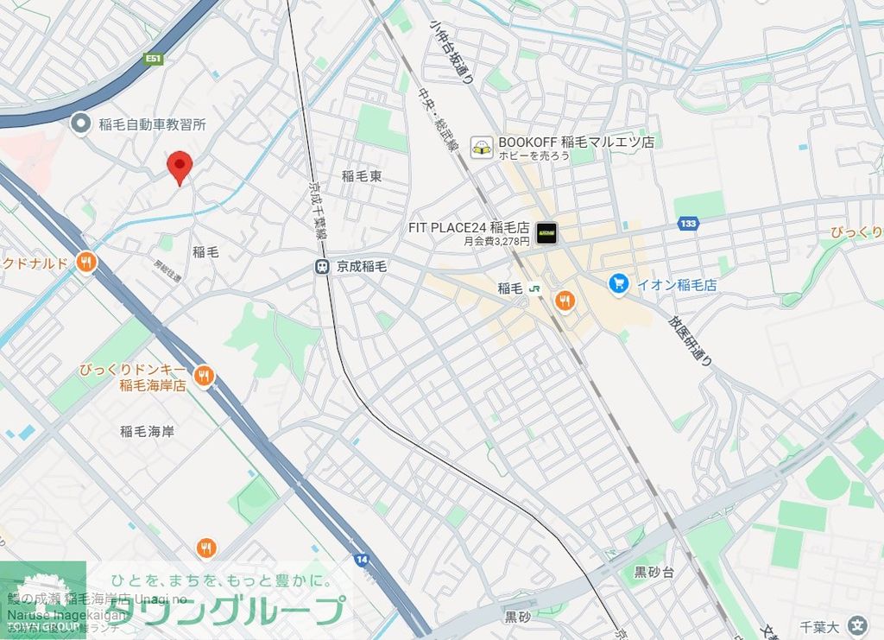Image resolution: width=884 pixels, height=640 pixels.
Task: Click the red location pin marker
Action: pyautogui.click(x=179, y=166)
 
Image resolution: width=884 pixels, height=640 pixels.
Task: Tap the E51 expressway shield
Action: pyautogui.click(x=154, y=59)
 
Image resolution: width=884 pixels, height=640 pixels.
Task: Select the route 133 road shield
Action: pyautogui.click(x=688, y=224)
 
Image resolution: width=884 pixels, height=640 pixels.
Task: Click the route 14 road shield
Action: pyautogui.click(x=361, y=560)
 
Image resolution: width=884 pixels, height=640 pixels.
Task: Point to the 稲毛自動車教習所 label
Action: pyautogui.click(x=152, y=124)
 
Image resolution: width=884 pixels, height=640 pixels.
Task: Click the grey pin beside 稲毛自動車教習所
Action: pyautogui.click(x=80, y=124)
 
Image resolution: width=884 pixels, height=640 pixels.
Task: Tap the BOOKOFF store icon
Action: pyautogui.click(x=481, y=148)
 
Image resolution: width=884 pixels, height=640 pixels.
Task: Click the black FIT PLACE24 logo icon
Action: pyautogui.click(x=546, y=232)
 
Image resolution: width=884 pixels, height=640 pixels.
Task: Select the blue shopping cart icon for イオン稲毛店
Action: pyautogui.click(x=617, y=283)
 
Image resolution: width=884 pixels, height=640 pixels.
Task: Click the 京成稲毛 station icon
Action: pyautogui.click(x=322, y=267)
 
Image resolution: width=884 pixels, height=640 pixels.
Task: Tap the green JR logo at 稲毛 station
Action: pyautogui.click(x=534, y=289)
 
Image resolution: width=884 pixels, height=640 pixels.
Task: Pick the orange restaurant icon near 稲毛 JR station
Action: pyautogui.click(x=565, y=301)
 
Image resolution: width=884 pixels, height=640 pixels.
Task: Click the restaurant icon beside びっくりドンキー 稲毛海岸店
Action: pyautogui.click(x=204, y=375)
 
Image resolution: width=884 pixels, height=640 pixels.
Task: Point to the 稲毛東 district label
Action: pyautogui.click(x=361, y=176)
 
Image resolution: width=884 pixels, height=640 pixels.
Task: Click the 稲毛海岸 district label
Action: pyautogui.click(x=147, y=431)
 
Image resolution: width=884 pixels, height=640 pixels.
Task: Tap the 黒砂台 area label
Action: pyautogui.click(x=654, y=572)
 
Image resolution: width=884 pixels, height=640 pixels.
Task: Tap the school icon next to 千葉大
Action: pyautogui.click(x=857, y=625)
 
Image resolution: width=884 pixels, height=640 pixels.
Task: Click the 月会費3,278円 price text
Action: pyautogui.click(x=496, y=242)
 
